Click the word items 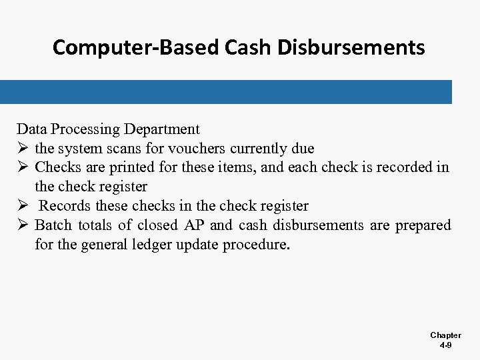coord(239,168)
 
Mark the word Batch coord(53,225)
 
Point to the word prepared coord(423,225)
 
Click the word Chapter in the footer coord(445,335)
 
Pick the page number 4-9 coord(445,345)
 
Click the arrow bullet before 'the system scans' coord(23,149)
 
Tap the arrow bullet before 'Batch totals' coord(23,225)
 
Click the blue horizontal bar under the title coord(226,91)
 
